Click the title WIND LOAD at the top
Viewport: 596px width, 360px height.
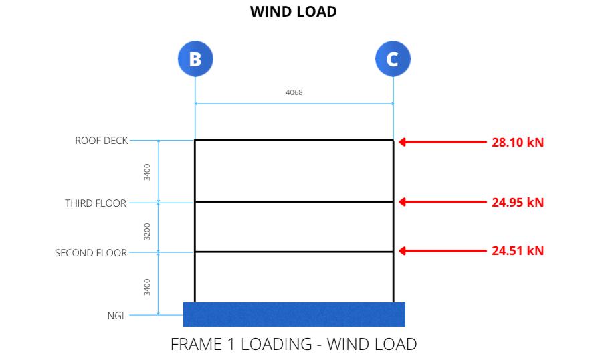click(293, 12)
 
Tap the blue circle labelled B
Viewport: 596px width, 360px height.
click(195, 59)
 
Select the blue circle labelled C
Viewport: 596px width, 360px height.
click(393, 59)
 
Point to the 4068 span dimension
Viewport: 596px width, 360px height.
click(294, 92)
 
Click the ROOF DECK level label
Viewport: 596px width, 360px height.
click(101, 141)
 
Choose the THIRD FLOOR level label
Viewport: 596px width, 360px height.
click(95, 203)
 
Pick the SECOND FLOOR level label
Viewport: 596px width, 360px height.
click(90, 254)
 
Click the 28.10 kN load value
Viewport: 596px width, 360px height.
click(518, 143)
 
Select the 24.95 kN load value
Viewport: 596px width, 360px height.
click(518, 203)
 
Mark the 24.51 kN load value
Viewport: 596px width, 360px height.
click(518, 251)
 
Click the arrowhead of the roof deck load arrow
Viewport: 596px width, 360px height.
click(403, 142)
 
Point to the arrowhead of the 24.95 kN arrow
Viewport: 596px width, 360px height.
click(403, 201)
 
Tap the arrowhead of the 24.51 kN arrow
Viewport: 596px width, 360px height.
click(403, 251)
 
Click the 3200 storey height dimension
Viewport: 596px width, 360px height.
click(147, 230)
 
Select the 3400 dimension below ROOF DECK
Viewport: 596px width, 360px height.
click(147, 172)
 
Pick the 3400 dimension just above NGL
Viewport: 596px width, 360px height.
click(147, 286)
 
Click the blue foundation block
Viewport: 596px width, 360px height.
click(294, 314)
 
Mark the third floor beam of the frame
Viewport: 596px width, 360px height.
click(294, 201)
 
